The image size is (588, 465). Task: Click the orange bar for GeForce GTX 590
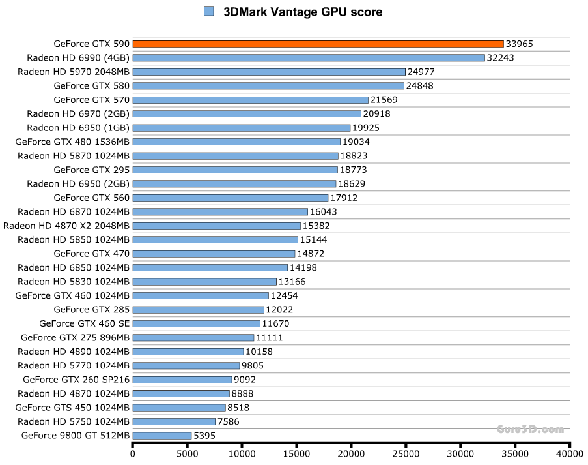coord(318,44)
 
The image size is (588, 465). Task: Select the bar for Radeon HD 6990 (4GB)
coord(309,57)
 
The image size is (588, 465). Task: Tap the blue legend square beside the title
coord(209,11)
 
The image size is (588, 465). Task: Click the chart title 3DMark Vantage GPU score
coord(303,12)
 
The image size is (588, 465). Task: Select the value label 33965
coord(520,44)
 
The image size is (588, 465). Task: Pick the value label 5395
coord(204,436)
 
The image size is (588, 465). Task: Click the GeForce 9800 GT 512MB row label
coord(76,436)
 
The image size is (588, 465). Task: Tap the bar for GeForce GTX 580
coord(268,85)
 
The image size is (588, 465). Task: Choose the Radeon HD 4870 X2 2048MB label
coord(66,226)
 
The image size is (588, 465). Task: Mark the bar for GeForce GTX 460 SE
coord(196,323)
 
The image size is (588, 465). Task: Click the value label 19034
coord(356,142)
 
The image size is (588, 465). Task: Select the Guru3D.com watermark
coord(530,429)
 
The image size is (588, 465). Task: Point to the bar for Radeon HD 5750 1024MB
coord(174,421)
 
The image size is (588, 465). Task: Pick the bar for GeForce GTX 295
coord(235,170)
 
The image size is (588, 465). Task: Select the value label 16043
coord(324,211)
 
